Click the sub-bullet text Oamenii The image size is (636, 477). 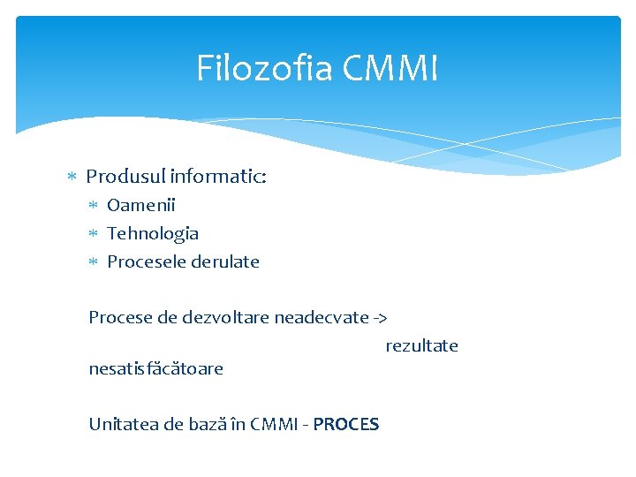point(141,206)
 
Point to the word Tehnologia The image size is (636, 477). point(153,234)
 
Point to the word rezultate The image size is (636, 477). point(421,346)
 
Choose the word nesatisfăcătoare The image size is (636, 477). point(155,368)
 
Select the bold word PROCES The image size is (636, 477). point(346,424)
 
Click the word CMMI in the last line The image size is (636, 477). point(276,424)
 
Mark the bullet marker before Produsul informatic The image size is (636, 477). point(73,178)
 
